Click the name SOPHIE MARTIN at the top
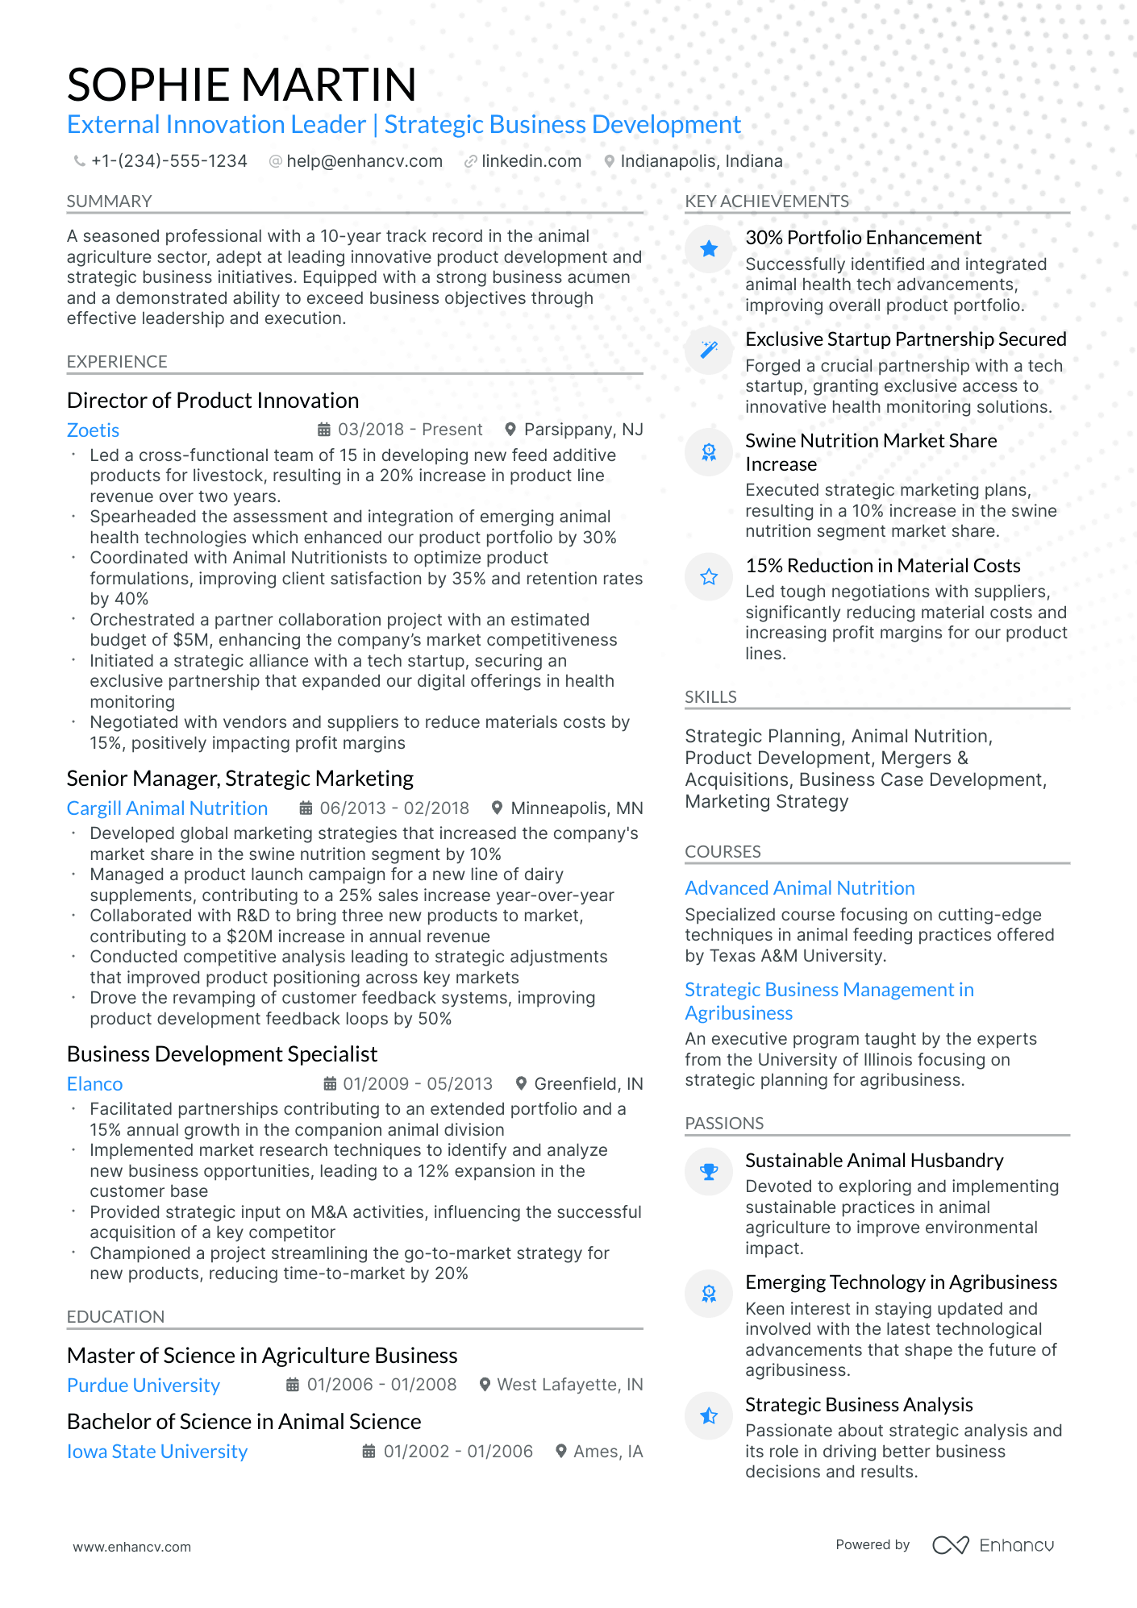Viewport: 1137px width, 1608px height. point(242,85)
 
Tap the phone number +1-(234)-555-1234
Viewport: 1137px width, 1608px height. point(169,161)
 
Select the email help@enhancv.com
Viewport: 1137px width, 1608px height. point(364,161)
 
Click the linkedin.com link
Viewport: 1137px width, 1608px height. point(531,161)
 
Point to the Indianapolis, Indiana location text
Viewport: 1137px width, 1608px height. point(701,161)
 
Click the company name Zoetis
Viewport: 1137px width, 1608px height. point(93,430)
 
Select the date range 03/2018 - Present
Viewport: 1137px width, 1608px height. point(410,430)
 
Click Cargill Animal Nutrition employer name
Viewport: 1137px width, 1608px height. point(167,808)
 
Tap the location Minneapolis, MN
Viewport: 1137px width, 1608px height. point(577,808)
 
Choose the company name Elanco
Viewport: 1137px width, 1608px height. point(94,1084)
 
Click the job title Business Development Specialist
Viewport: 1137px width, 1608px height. point(222,1054)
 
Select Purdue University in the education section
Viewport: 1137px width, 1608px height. point(144,1386)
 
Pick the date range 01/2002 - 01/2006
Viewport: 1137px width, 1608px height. point(458,1452)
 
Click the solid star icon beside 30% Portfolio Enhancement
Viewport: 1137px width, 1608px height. point(709,249)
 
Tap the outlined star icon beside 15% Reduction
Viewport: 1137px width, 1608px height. point(709,576)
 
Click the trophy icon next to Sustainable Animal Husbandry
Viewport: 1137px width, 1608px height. point(709,1171)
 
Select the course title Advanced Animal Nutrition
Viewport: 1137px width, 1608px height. point(799,888)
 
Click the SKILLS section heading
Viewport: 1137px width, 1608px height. point(710,697)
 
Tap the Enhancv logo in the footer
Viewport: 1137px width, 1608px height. point(993,1545)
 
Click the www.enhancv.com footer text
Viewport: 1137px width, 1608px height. point(132,1547)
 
